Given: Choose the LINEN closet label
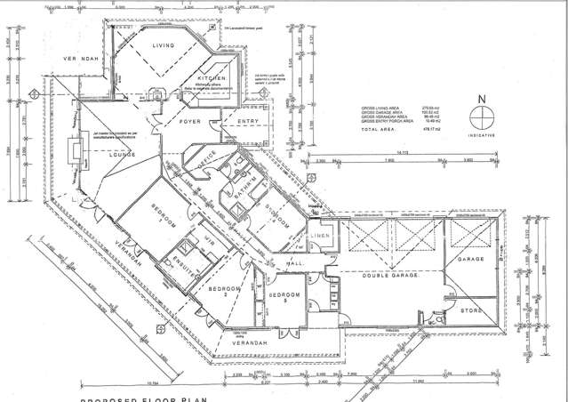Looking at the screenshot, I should coord(321,236).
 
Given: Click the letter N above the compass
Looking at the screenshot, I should coord(481,100).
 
